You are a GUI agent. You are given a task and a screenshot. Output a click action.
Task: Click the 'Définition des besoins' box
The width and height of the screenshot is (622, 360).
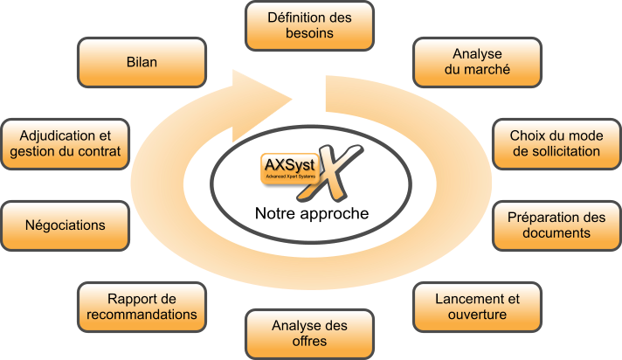[x=309, y=26]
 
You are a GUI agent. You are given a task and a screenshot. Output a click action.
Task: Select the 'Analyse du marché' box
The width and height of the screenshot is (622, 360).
[x=477, y=62]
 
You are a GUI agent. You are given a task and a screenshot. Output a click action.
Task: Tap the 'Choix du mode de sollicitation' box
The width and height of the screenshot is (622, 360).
[x=556, y=143]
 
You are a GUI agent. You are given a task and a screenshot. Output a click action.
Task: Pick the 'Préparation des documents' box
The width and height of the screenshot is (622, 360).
[x=556, y=225]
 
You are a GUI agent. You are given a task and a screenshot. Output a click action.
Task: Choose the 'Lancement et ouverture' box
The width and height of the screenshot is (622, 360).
[x=477, y=307]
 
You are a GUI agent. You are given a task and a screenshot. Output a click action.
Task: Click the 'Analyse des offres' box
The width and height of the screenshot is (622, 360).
[x=309, y=334]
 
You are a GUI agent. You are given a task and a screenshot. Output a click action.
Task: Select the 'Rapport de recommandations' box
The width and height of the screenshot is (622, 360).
[x=142, y=307]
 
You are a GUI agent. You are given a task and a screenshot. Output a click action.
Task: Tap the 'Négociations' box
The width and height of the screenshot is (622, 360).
[x=65, y=225]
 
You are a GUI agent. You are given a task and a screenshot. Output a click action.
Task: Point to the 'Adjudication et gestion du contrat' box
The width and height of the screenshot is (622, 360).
[x=65, y=143]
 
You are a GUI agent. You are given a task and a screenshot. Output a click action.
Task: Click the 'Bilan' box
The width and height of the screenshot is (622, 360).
[x=142, y=62]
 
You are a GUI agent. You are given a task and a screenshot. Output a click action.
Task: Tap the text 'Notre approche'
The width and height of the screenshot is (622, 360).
[x=312, y=213]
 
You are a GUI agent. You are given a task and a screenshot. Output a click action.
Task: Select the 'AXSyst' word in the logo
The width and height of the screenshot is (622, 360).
[x=289, y=165]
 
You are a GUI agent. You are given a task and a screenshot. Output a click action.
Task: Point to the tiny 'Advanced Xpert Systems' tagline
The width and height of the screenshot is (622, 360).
[x=290, y=177]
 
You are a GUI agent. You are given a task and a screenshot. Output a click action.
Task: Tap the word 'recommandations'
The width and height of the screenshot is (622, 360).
[x=142, y=315]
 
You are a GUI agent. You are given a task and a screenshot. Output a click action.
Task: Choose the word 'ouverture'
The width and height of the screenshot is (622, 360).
[x=477, y=315]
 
